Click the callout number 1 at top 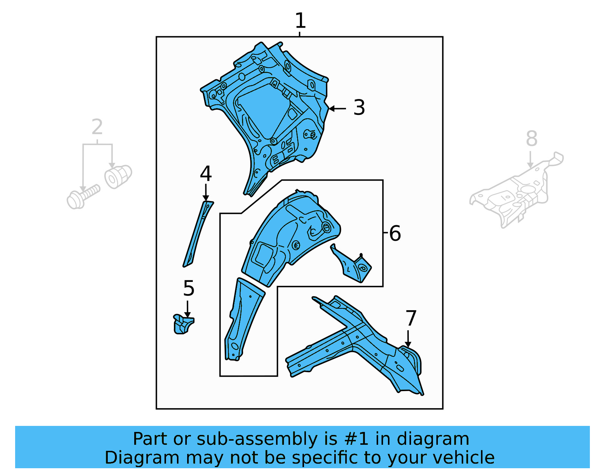point(300,21)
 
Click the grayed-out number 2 point(97,127)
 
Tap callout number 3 point(359,108)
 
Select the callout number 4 point(206,174)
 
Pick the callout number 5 point(189,289)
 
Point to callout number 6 point(395,234)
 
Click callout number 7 point(411,318)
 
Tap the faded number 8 point(531,139)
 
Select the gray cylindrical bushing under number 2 point(118,176)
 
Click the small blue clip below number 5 point(183,325)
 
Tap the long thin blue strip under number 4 point(198,234)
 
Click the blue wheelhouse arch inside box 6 point(287,238)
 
